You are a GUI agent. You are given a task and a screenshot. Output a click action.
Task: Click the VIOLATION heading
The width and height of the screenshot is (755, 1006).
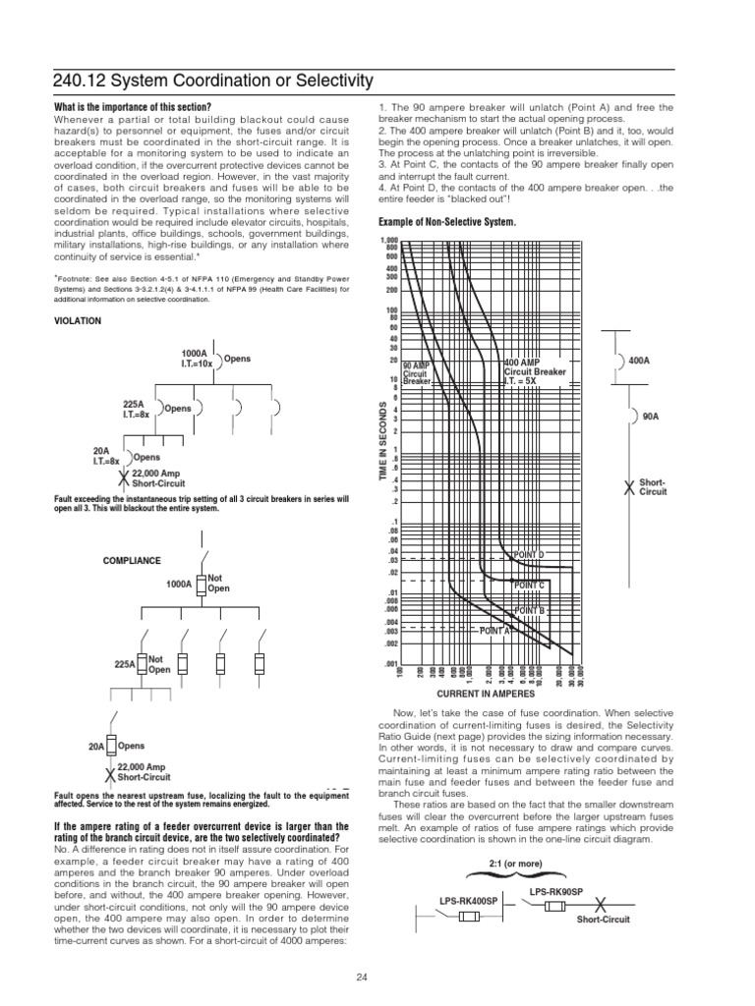point(80,320)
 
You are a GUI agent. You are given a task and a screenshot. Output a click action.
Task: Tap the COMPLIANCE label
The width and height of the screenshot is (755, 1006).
point(132,560)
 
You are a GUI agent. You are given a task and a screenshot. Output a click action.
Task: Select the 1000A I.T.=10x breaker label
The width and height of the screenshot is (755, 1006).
point(195,359)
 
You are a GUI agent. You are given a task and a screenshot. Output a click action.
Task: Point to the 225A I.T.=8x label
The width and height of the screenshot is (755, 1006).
point(134,408)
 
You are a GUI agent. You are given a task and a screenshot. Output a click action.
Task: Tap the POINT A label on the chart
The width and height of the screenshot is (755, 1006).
point(495,631)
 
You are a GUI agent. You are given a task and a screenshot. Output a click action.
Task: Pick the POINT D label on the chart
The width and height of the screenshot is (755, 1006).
point(528,555)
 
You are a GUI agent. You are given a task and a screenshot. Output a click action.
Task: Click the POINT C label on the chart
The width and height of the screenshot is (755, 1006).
point(529,585)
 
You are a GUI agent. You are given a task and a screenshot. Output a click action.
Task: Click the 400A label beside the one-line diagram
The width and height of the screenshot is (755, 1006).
point(639,361)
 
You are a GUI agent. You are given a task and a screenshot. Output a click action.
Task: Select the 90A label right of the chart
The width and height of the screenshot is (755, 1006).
point(650,417)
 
